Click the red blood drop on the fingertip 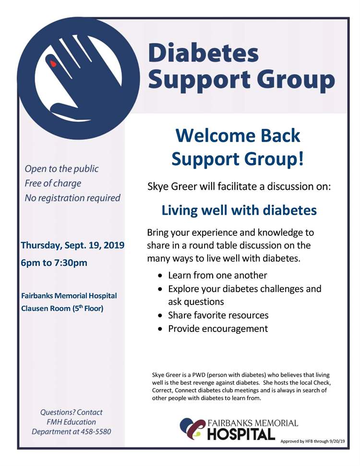[53, 62]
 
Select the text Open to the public [61, 169]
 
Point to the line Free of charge [53, 183]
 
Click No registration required [72, 197]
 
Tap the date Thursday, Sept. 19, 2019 [72, 245]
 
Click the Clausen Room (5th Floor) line [62, 308]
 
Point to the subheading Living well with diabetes [239, 210]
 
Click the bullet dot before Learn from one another [160, 276]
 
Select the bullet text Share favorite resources [218, 315]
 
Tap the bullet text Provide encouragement [217, 329]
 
